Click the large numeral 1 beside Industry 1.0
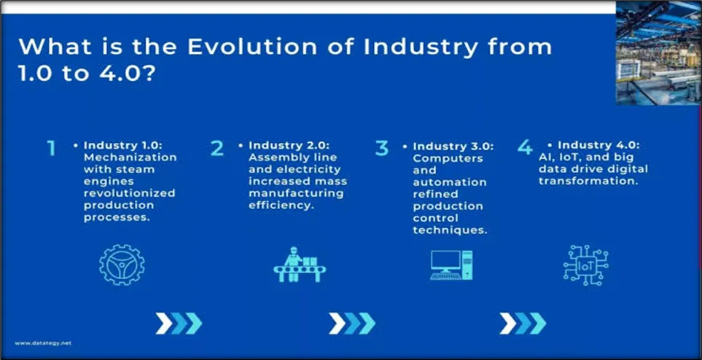point(52,148)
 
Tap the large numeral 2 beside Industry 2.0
point(217,148)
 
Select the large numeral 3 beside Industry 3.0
point(381,148)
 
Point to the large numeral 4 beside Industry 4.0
point(525,147)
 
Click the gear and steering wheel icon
point(122,265)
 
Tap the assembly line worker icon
point(300,265)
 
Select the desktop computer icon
point(451,265)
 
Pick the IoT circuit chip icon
point(585,265)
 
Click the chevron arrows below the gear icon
point(179,324)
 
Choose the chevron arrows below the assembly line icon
point(352,324)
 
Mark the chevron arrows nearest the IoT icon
point(523,324)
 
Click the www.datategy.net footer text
point(43,343)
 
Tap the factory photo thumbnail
point(658,53)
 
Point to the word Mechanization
point(130,157)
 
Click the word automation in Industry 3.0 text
point(450,182)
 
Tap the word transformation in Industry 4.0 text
point(588,181)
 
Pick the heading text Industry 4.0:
point(598,145)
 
